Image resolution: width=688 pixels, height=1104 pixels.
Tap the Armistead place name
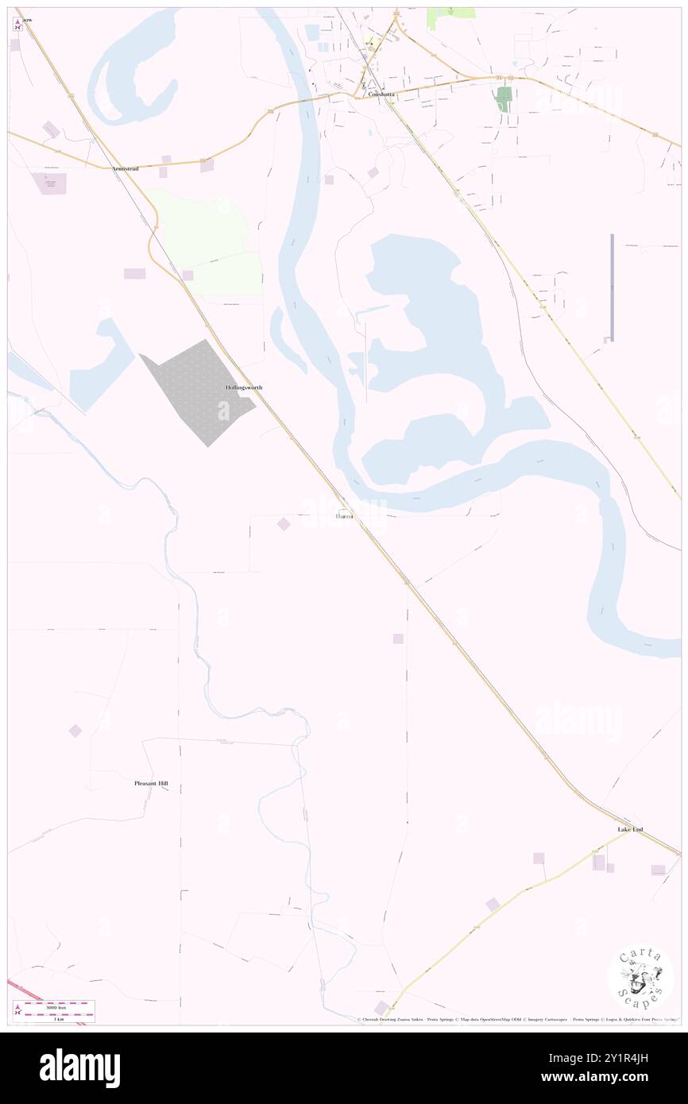point(126,169)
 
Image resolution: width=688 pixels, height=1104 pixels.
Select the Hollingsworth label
point(243,388)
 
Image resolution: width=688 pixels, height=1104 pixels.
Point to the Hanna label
point(344,516)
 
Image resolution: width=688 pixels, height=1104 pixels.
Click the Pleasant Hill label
point(151,783)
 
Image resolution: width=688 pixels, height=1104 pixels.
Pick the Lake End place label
point(630,830)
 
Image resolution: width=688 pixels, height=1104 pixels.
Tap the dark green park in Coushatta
point(503,98)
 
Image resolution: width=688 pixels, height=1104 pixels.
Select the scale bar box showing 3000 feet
point(54,1012)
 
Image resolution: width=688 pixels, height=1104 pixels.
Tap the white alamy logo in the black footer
point(79,1067)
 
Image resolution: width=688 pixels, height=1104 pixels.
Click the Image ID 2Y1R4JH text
point(629,1059)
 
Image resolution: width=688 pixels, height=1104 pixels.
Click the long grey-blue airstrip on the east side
point(613,286)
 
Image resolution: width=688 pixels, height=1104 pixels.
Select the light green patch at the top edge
point(451,17)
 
